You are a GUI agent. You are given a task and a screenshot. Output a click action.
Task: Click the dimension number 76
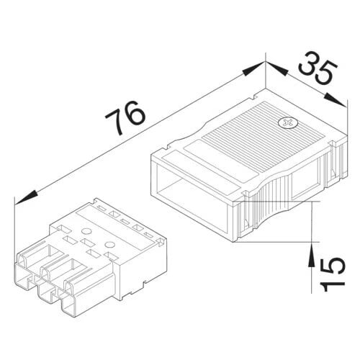point(125,118)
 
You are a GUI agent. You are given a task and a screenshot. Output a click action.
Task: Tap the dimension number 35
point(318,71)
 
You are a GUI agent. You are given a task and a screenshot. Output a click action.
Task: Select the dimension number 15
point(333,274)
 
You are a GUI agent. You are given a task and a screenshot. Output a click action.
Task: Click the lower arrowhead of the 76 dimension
point(26,198)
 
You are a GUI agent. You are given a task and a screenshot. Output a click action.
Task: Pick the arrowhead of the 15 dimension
point(312,255)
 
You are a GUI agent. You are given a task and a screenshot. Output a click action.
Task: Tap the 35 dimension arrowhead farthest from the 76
point(336,99)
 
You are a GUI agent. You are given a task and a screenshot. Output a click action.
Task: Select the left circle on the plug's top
point(86,231)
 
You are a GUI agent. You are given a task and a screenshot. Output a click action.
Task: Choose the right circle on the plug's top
point(110,245)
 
